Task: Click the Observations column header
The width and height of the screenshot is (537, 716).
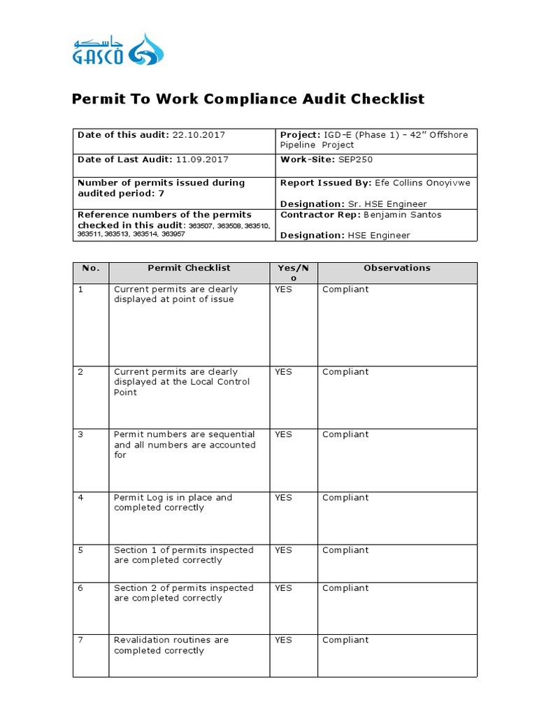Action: [x=397, y=268]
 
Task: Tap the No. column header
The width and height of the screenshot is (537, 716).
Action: [x=91, y=268]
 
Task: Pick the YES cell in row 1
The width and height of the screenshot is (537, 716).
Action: [x=283, y=289]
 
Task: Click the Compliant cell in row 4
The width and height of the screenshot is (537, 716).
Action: [x=345, y=498]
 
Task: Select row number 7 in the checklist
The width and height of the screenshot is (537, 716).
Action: [x=80, y=640]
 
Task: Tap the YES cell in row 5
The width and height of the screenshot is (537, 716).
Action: [x=283, y=550]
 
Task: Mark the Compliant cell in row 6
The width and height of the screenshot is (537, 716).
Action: [x=345, y=588]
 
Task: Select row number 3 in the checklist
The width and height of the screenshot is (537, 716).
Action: [x=80, y=435]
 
